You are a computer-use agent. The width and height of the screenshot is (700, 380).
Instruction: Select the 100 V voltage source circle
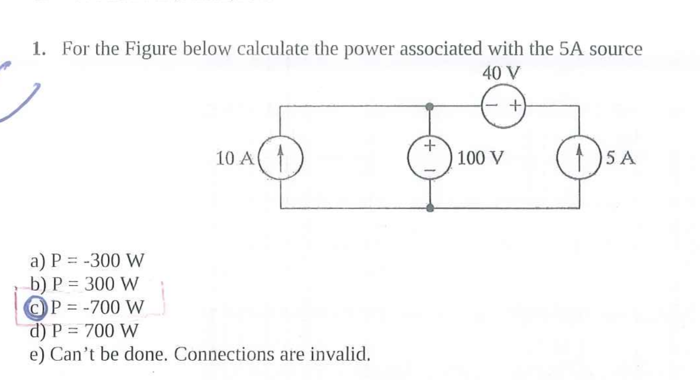(431, 158)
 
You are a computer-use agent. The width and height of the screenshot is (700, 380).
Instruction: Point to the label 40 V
(501, 73)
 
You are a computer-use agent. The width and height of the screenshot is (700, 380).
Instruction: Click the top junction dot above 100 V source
(430, 106)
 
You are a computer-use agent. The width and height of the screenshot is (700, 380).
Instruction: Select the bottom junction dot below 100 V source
(431, 208)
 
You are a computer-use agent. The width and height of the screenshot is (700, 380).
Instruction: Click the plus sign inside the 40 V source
(514, 105)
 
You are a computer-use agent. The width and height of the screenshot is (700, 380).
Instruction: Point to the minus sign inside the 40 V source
(492, 105)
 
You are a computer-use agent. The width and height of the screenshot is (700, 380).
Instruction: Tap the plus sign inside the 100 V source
(431, 146)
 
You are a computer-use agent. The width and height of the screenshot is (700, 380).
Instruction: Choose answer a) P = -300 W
(88, 261)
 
